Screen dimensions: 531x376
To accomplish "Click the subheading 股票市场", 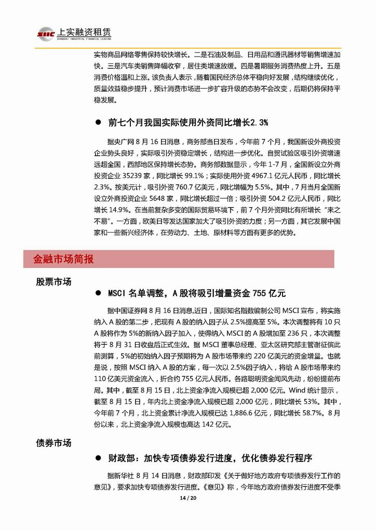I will coord(53,282).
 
